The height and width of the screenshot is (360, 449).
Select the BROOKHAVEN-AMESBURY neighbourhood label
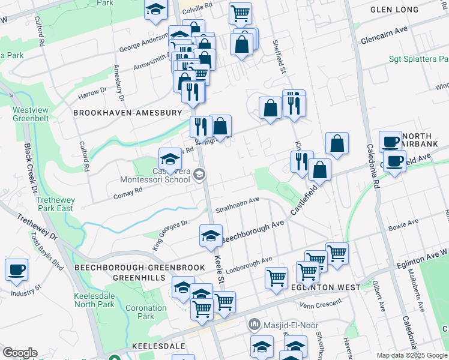point(127,113)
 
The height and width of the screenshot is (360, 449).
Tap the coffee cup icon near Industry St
point(16,270)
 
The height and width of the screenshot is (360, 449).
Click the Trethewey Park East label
point(55,204)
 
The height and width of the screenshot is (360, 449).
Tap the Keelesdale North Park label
point(94,300)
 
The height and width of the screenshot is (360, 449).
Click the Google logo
point(19,353)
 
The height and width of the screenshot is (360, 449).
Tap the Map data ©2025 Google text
point(412,355)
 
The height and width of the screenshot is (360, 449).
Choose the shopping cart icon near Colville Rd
point(240,13)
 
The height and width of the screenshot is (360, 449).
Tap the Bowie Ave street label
point(403,226)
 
